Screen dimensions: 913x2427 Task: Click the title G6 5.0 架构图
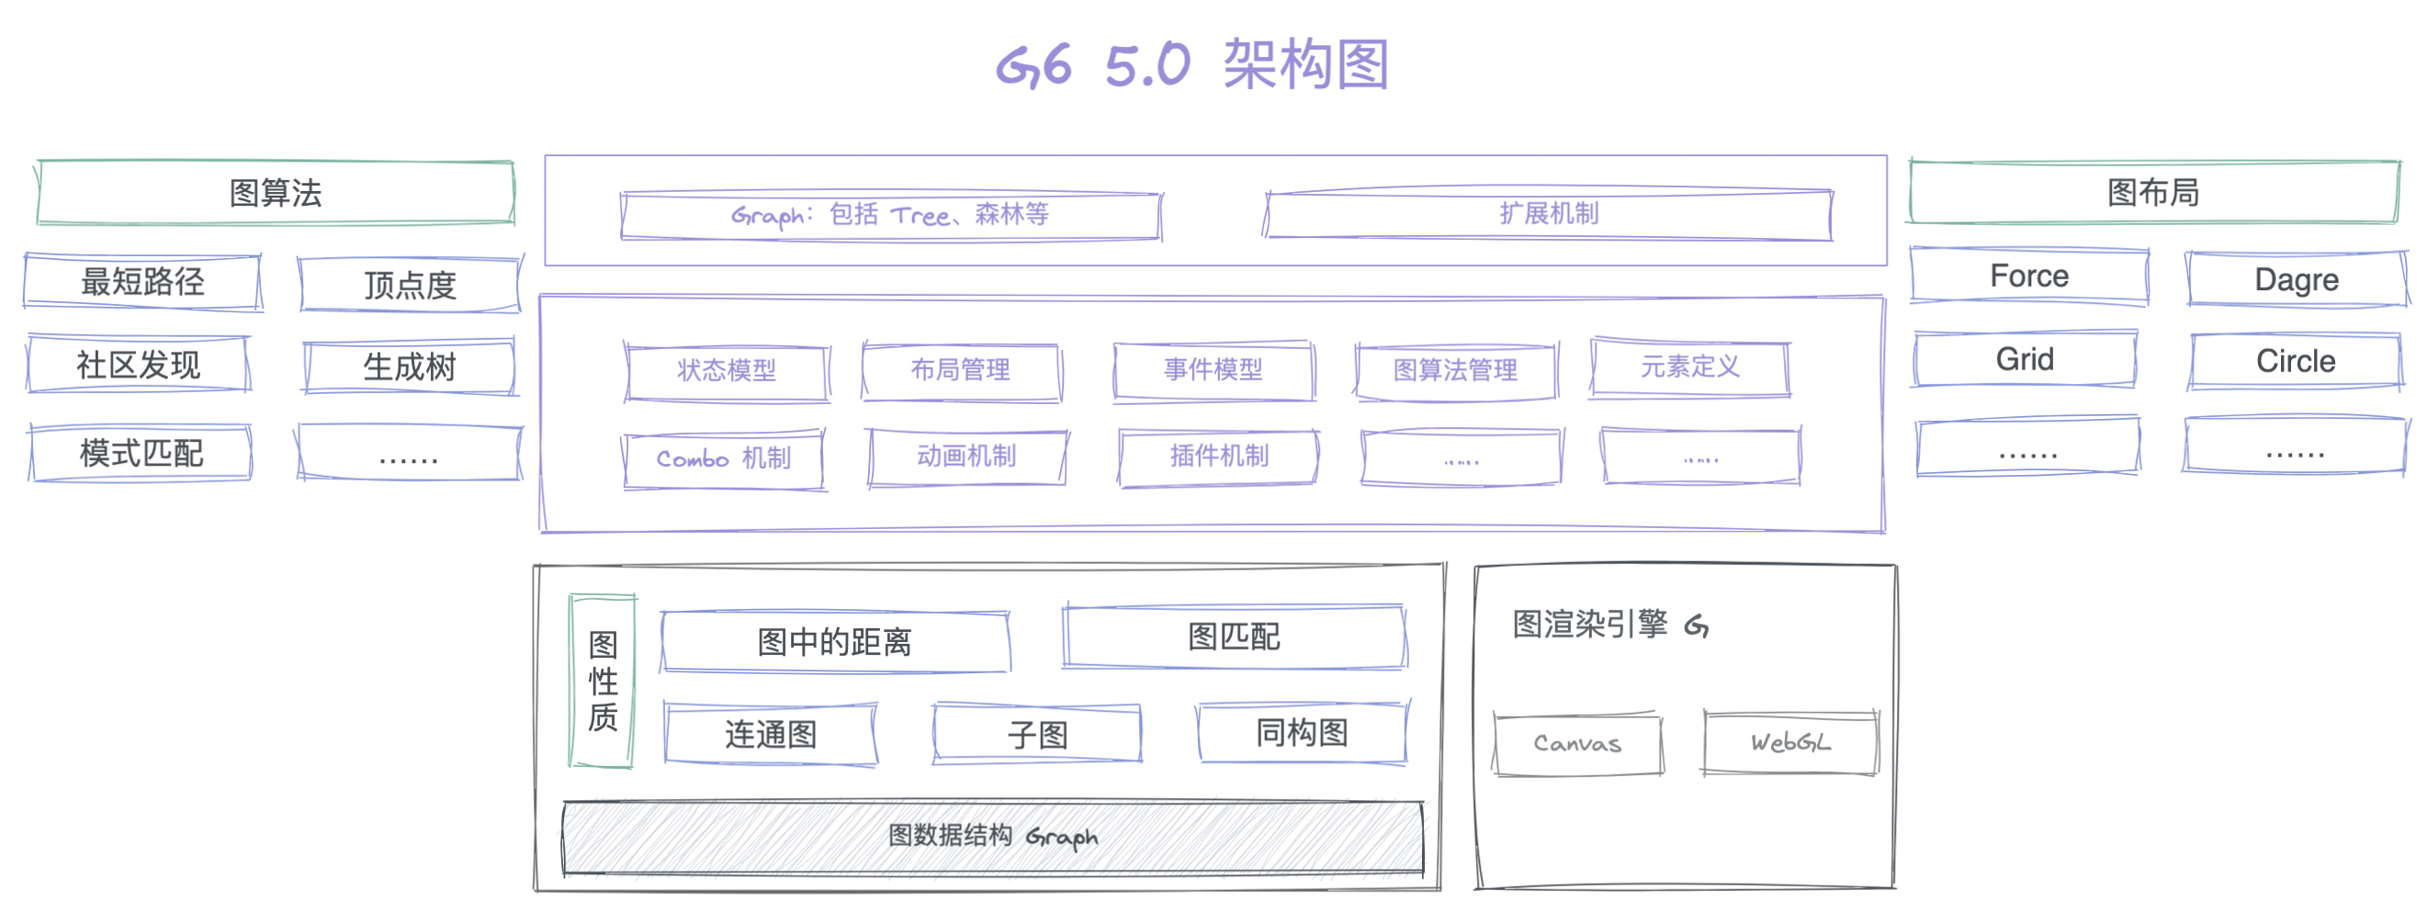click(1192, 64)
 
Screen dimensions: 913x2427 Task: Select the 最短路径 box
click(142, 281)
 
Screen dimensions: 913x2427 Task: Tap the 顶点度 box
click(410, 284)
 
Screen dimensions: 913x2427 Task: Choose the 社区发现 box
click(139, 364)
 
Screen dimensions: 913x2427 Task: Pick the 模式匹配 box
click(141, 453)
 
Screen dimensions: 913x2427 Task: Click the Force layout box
click(2028, 276)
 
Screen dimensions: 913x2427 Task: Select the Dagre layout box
click(2296, 279)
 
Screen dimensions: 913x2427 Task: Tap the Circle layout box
click(2295, 361)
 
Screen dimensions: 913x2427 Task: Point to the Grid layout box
click(2025, 359)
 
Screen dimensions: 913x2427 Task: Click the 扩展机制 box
click(1548, 215)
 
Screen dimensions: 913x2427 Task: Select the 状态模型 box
click(727, 370)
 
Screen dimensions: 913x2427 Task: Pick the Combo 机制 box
click(724, 459)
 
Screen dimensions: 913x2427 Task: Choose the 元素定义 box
click(1689, 367)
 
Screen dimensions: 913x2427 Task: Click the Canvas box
click(1577, 743)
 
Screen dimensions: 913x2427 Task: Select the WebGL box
click(1789, 742)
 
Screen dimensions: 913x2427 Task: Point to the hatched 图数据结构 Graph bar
click(992, 836)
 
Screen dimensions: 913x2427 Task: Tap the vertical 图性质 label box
click(603, 682)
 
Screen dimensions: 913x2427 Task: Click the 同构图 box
click(1301, 732)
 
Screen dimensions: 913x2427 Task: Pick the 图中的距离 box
click(835, 642)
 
